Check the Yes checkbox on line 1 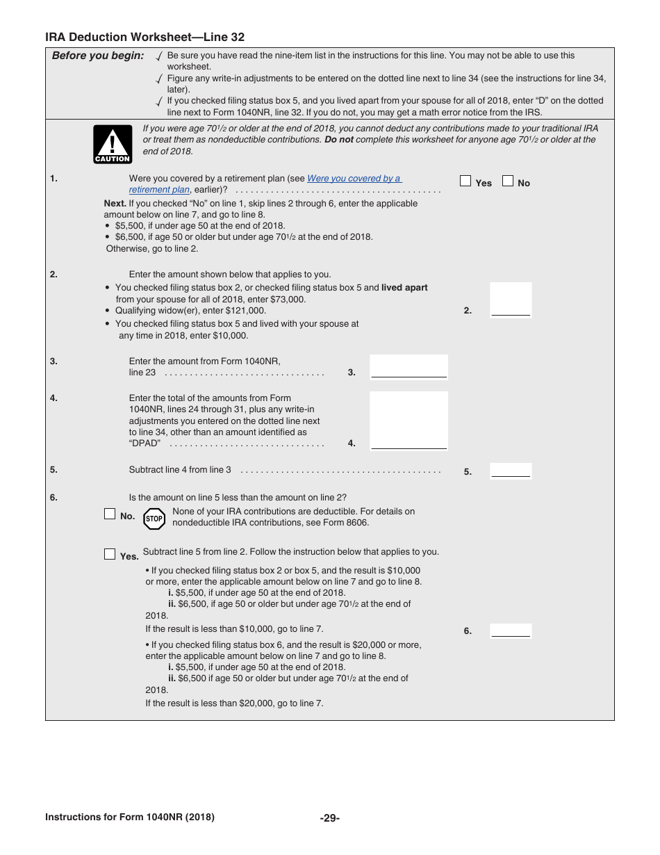465,181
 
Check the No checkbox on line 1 508,181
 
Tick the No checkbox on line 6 110,514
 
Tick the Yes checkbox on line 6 110,554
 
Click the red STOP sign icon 154,519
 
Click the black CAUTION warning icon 113,145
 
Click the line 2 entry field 511,301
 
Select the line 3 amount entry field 409,367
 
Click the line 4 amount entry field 409,421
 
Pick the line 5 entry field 511,471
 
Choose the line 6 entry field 511,630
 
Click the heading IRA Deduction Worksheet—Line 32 145,38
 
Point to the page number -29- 329,818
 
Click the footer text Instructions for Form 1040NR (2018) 130,817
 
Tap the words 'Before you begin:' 98,56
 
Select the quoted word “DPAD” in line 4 145,443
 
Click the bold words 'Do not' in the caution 339,140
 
